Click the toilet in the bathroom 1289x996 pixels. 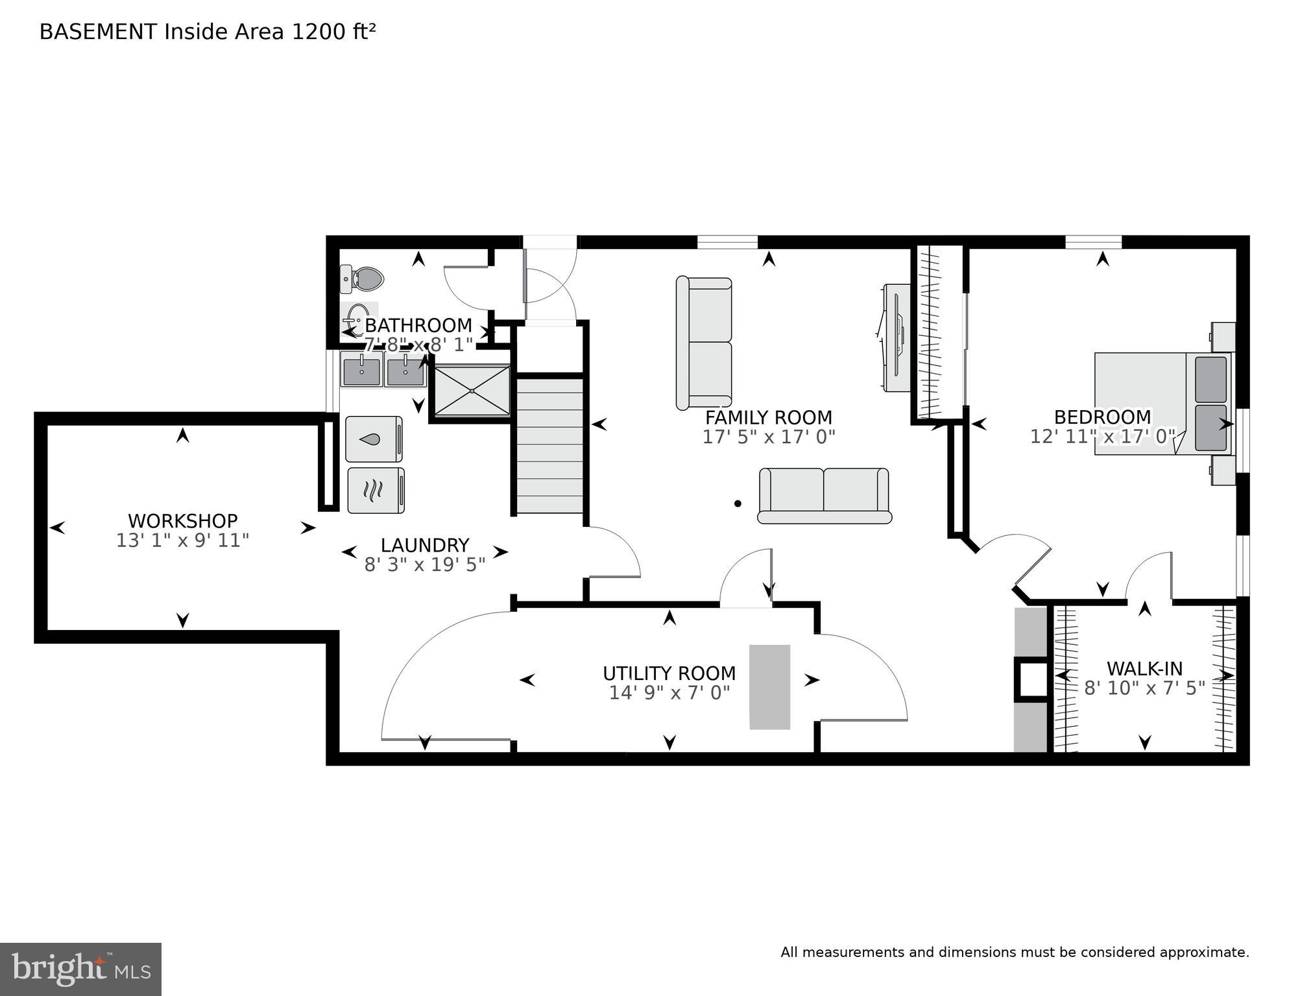coord(363,279)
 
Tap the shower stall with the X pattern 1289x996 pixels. coord(472,391)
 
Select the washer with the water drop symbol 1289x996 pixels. coord(374,439)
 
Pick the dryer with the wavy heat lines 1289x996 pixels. coord(376,490)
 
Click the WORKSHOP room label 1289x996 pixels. coord(182,520)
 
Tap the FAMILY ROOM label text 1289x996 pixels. coord(769,417)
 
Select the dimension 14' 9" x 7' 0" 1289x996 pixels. coord(669,693)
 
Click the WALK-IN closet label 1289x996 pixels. coord(1144,668)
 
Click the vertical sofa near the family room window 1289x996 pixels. coord(704,343)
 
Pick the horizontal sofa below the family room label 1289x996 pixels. coord(824,495)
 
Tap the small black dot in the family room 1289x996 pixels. coord(738,503)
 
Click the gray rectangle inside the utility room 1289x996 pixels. coord(769,686)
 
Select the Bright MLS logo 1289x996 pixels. coord(80,969)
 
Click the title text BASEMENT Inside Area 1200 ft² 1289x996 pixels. coord(208,32)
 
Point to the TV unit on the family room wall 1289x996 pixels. coord(895,337)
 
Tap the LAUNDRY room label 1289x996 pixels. coord(424,545)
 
